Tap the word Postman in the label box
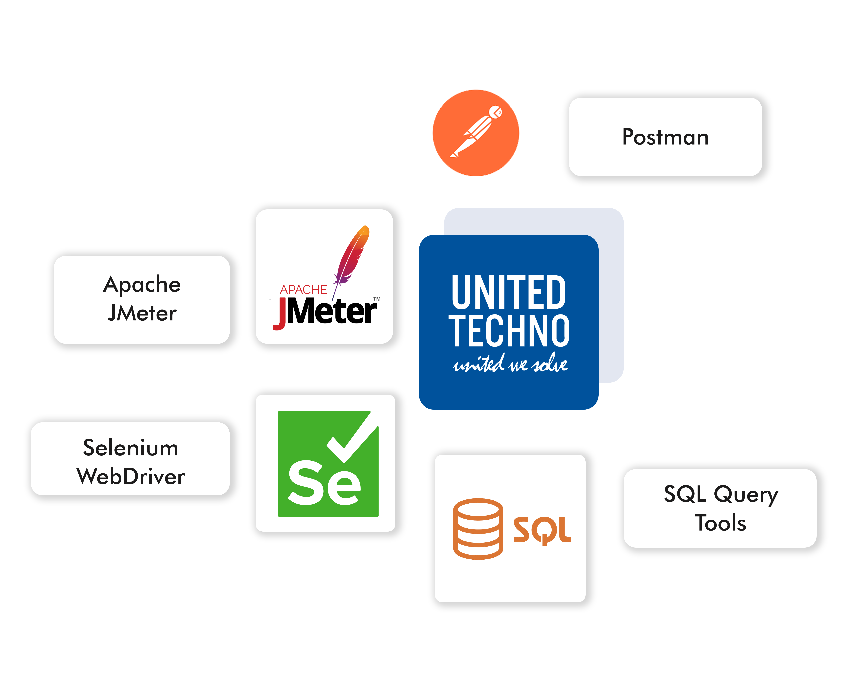pos(665,137)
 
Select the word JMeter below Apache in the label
pos(142,313)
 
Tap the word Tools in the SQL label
pos(720,523)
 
